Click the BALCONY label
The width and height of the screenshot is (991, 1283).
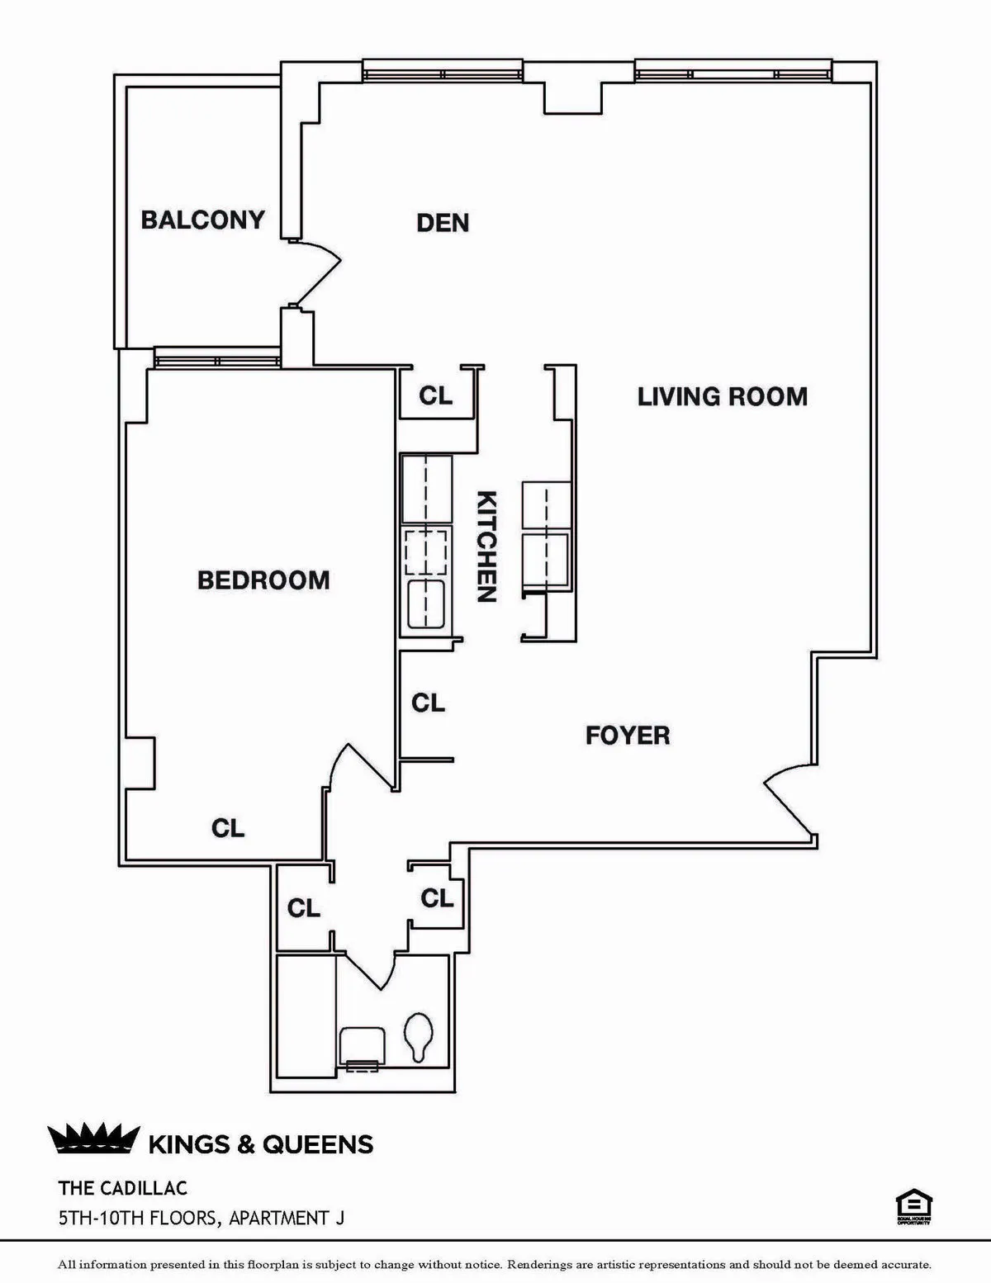click(202, 220)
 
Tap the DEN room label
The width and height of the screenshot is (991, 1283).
click(443, 223)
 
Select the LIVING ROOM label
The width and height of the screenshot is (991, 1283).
click(722, 397)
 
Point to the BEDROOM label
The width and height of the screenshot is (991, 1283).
click(263, 580)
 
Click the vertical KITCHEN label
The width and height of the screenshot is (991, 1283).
click(487, 547)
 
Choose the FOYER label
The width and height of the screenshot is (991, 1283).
click(628, 735)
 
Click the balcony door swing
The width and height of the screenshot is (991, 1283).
click(318, 272)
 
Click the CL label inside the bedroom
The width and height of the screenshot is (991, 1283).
click(228, 828)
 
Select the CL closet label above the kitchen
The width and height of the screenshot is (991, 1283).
click(436, 396)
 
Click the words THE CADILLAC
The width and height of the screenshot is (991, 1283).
click(123, 1188)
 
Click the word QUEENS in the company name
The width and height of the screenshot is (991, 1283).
click(318, 1144)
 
